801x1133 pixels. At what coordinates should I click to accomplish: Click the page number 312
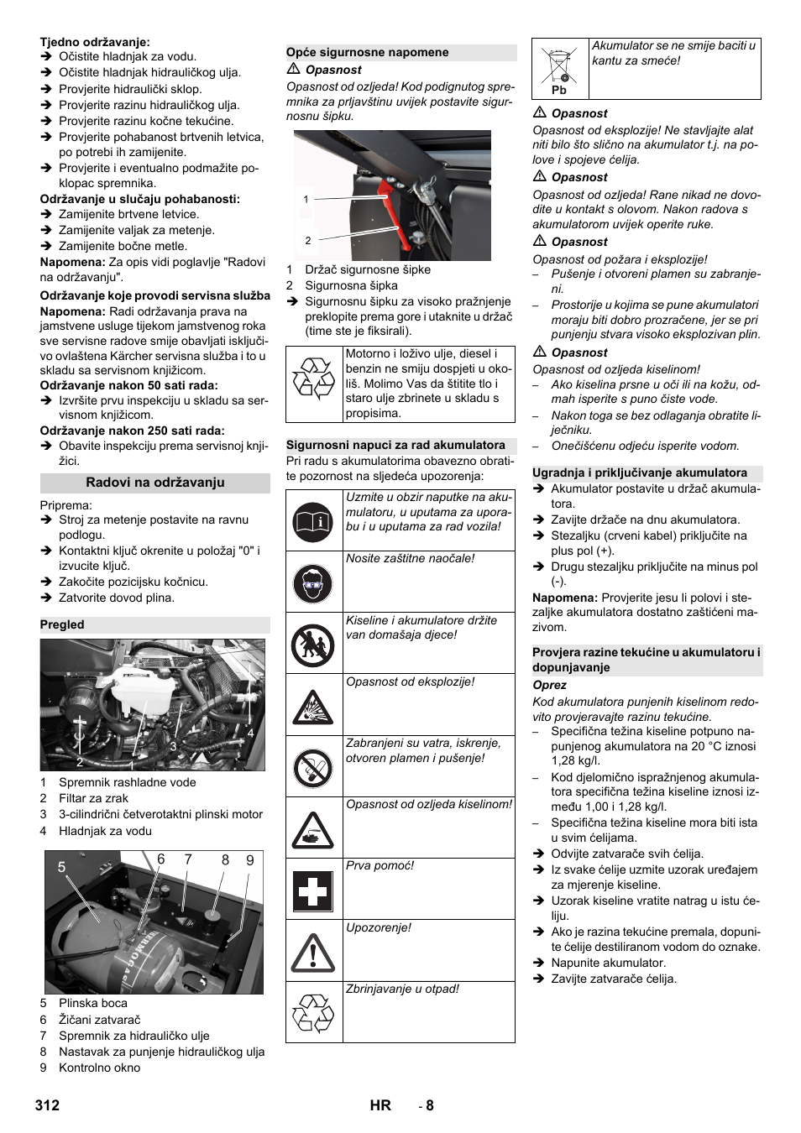tap(48, 1105)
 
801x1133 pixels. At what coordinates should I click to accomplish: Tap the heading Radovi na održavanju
tap(154, 483)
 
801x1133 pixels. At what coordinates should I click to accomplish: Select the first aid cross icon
tap(313, 890)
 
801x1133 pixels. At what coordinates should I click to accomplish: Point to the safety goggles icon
tap(313, 582)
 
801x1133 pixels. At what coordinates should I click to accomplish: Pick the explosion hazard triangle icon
tap(313, 706)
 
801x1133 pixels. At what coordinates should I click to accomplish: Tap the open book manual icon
tap(313, 520)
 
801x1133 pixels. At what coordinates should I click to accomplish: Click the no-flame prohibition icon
tap(313, 767)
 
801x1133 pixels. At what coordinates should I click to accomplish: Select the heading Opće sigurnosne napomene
tap(368, 52)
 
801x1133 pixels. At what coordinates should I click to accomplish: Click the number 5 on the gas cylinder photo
tap(61, 867)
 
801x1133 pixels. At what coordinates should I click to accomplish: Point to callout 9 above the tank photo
tap(249, 860)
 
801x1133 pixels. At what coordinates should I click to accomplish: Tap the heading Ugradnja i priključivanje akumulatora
tap(640, 473)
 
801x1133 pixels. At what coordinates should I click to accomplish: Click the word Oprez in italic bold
tap(549, 685)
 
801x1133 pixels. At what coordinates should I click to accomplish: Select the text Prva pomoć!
tap(380, 865)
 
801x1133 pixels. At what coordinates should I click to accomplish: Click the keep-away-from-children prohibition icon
tap(313, 644)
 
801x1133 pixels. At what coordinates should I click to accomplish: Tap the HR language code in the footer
tap(380, 1105)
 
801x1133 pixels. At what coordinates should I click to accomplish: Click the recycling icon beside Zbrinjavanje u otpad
tap(313, 1013)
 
